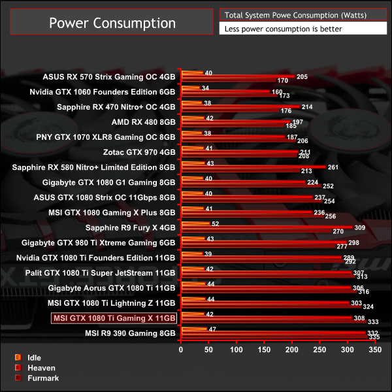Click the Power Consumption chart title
(112, 23)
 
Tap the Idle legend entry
(33, 357)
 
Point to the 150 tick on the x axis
(264, 350)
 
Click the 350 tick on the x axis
(374, 350)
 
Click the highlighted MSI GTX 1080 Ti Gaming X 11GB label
(114, 318)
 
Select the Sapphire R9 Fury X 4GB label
(131, 228)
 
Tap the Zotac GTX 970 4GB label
(139, 152)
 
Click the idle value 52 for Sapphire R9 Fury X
(215, 224)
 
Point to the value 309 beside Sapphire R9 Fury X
(359, 227)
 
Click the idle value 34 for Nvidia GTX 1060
(205, 88)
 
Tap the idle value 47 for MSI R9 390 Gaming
(212, 329)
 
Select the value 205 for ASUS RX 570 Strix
(302, 76)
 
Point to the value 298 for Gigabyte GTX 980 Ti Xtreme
(353, 242)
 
